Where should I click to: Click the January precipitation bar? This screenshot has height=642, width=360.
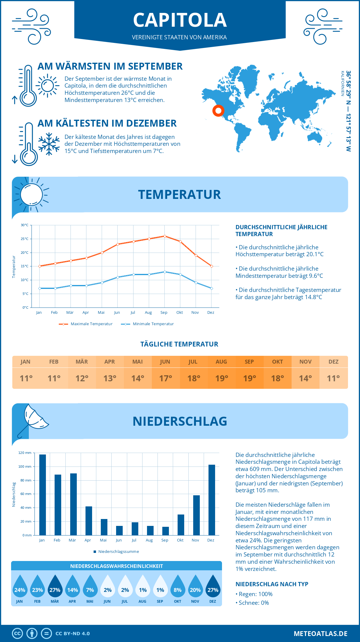[42, 495]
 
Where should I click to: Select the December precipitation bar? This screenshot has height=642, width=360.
[211, 500]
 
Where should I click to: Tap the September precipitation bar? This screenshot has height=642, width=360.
[165, 531]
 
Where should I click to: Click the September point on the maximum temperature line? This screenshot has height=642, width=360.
[165, 236]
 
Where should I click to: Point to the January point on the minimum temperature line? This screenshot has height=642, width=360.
[40, 288]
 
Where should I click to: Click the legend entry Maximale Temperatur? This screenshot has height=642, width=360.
[86, 324]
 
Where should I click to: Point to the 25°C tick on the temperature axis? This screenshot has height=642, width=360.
[25, 239]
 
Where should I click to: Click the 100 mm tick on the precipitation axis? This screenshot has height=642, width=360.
[25, 466]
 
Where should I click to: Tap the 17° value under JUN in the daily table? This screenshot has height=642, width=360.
[165, 378]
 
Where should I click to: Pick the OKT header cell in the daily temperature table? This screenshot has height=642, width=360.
[277, 362]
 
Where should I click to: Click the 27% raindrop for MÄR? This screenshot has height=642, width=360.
[55, 586]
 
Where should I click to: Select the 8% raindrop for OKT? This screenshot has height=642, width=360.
[178, 586]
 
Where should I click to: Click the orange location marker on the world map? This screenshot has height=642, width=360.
[218, 111]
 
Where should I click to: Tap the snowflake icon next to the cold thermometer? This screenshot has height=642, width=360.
[49, 144]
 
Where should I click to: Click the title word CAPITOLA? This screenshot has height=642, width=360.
[180, 20]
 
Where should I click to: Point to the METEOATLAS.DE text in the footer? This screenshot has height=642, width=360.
[320, 634]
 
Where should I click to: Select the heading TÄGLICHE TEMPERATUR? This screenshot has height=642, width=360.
[179, 344]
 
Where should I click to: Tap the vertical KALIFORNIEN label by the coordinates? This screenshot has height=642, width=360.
[342, 83]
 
